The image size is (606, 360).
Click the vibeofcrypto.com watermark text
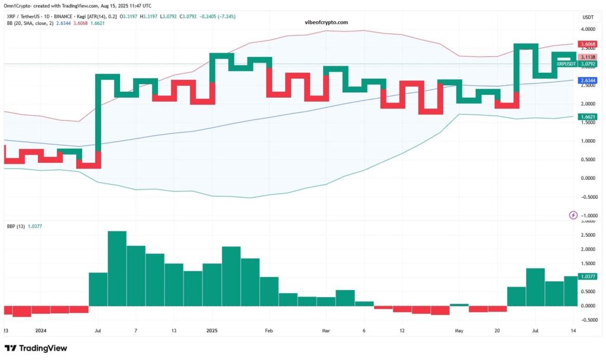325,22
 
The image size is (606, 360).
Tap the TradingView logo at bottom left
36,348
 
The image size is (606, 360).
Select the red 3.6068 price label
587,44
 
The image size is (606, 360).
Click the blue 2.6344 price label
587,81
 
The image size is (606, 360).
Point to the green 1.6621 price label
587,117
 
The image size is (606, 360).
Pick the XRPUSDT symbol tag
566,63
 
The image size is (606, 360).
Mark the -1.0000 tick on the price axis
587,216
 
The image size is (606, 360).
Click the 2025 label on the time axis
212,330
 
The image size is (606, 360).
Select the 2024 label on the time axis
41,330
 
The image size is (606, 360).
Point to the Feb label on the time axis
269,330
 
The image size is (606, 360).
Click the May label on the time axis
458,330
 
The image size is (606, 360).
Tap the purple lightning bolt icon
573,215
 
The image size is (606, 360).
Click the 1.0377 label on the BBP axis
587,277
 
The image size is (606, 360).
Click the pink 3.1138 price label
587,56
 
